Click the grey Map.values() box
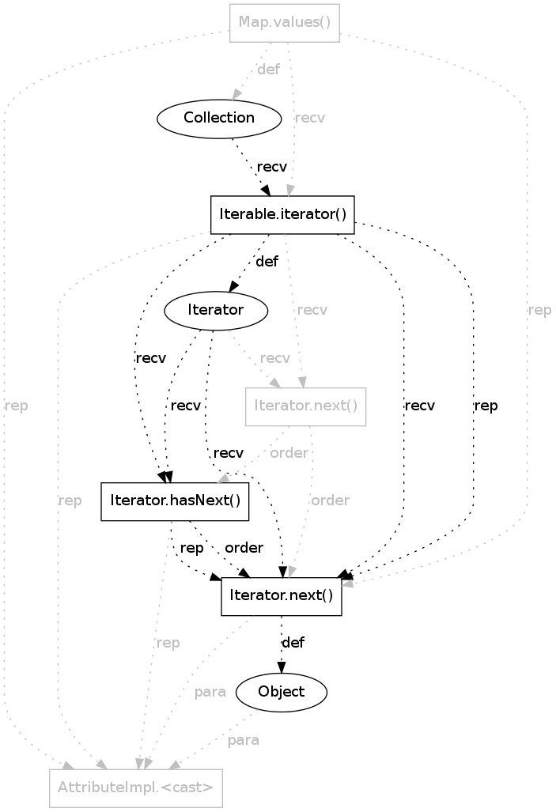point(285,22)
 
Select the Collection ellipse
point(219,119)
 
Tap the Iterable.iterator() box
point(282,214)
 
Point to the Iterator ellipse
point(216,311)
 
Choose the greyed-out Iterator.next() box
point(306,406)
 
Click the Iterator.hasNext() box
point(175,500)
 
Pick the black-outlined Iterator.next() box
point(281,595)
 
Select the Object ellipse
point(281,692)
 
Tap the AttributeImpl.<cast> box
point(135,787)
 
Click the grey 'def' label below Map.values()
point(269,70)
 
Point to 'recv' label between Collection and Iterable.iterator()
point(271,167)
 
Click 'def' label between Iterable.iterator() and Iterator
point(267,262)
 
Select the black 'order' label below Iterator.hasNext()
point(244,547)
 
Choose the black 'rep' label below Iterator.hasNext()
point(192,547)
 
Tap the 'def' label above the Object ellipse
point(293,642)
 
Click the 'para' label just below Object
point(243,741)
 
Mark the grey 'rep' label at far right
point(539,310)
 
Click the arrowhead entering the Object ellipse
point(281,668)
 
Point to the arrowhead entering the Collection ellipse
point(236,96)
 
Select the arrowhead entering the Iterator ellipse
point(233,288)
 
